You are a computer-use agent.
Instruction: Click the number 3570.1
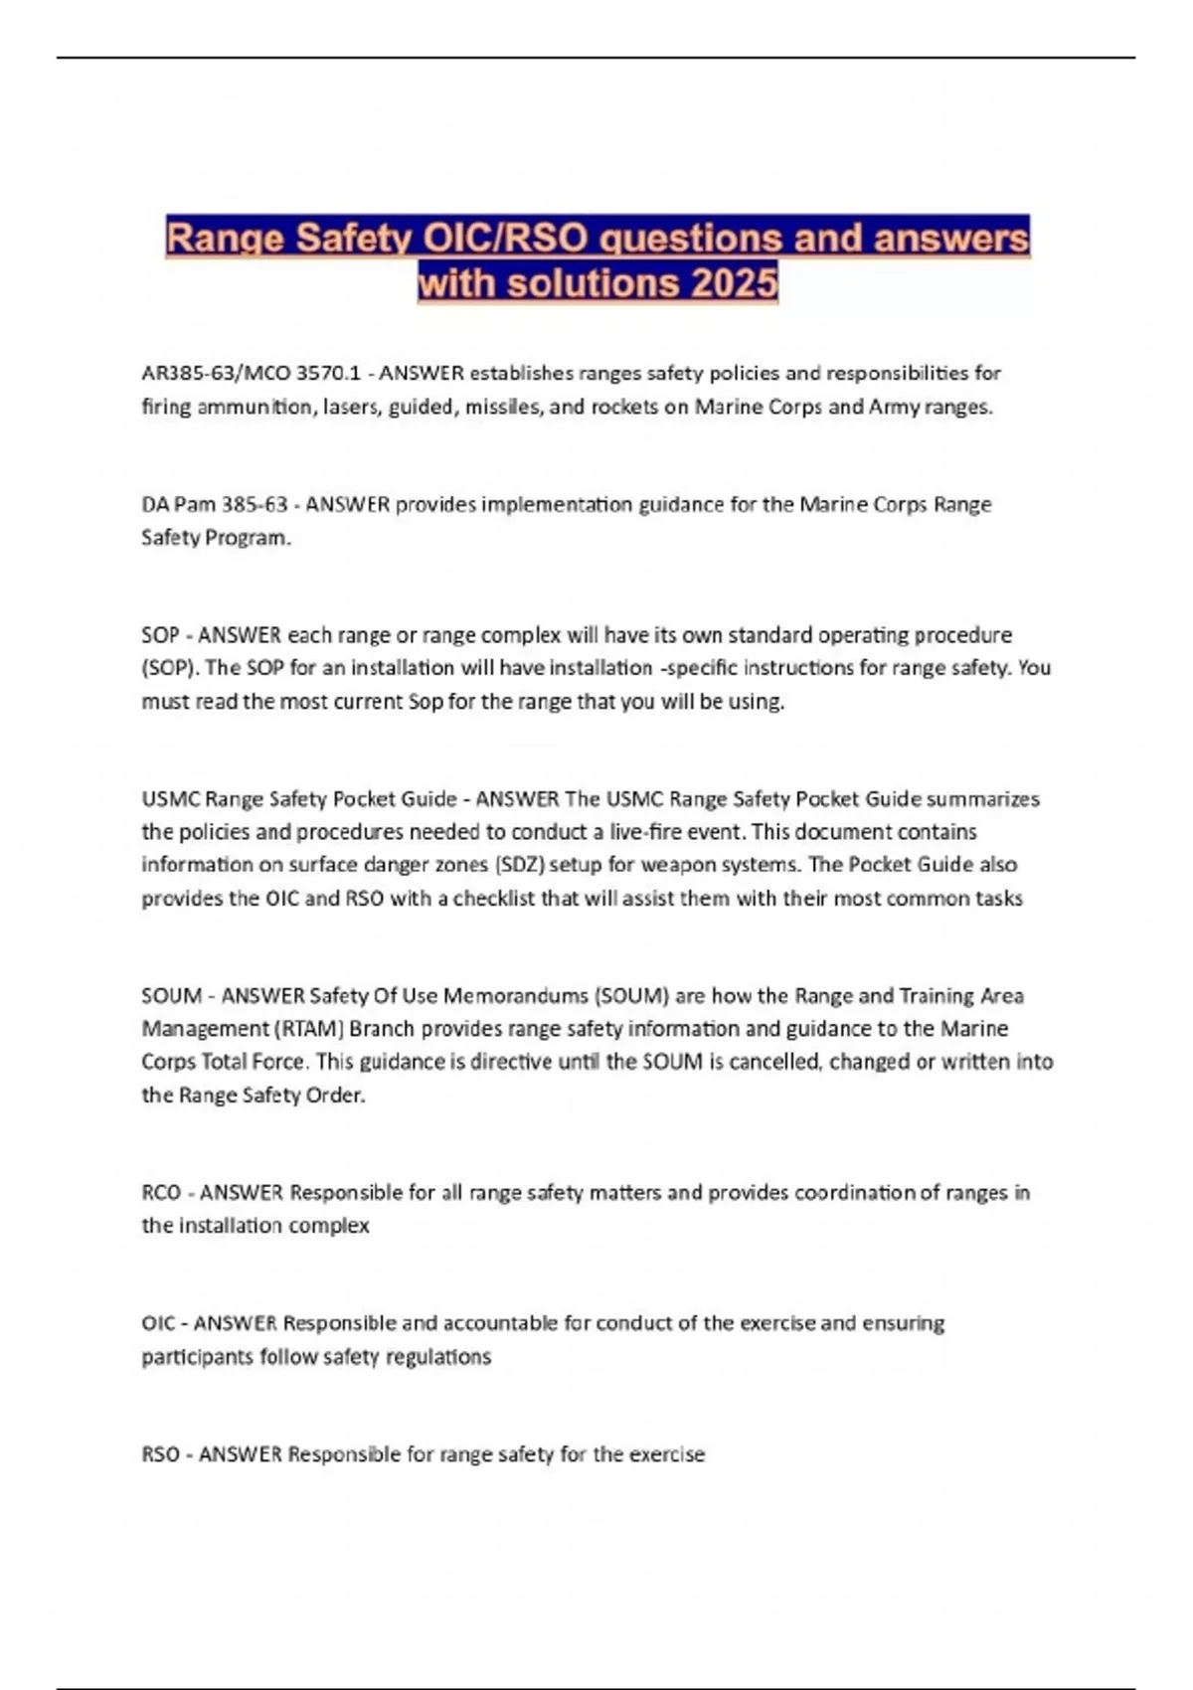(x=328, y=374)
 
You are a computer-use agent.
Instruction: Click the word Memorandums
(x=515, y=996)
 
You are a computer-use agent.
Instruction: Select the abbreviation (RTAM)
(x=308, y=1029)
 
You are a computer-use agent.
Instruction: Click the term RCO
(x=161, y=1192)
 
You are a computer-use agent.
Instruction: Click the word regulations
(x=441, y=1357)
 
